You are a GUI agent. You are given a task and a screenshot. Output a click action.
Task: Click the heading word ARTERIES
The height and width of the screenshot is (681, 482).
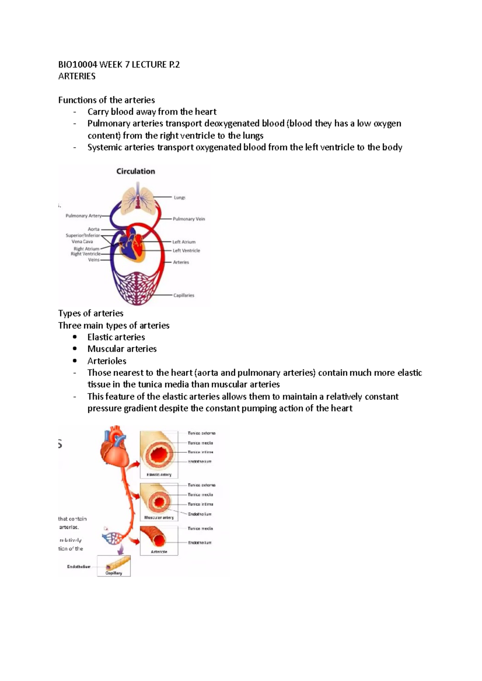[77, 76]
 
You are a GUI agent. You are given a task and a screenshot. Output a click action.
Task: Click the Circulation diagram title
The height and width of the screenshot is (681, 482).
[135, 171]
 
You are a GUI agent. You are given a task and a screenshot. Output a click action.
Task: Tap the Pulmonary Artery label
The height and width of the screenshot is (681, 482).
[84, 216]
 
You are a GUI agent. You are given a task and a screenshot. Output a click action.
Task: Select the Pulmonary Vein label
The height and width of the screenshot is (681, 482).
[189, 219]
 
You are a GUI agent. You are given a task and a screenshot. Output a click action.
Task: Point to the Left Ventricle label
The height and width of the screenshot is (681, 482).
[186, 251]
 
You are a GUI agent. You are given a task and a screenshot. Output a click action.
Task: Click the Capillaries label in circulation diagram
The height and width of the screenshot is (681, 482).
[184, 295]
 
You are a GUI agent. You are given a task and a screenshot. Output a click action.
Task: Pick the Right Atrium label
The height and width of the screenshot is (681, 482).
[86, 249]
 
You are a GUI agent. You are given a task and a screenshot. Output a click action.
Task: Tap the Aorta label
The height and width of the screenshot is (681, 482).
[94, 229]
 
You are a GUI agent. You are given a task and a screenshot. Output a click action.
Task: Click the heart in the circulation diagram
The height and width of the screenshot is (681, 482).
[133, 245]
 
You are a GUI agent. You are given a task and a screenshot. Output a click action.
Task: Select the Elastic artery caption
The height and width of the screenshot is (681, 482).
[159, 474]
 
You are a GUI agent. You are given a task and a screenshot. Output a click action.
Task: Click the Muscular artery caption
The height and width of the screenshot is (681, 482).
[159, 517]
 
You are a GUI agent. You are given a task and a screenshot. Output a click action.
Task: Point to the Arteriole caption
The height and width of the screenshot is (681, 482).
[159, 552]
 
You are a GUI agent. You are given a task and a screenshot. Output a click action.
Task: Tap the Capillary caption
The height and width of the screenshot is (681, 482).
[114, 573]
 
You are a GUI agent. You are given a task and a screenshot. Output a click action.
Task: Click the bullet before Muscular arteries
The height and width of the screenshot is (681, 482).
[75, 349]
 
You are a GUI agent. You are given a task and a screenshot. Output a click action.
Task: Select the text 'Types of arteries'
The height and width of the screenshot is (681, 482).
[91, 313]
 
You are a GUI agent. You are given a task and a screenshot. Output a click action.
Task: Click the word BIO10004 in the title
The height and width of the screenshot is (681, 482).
[78, 65]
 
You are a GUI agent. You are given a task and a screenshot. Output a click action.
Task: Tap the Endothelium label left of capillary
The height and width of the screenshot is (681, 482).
[79, 567]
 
